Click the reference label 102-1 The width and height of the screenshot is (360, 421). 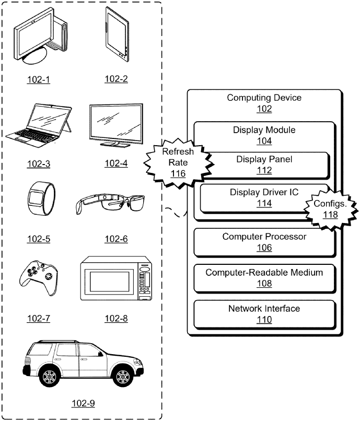(39, 79)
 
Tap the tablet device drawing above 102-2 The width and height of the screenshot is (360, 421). (117, 34)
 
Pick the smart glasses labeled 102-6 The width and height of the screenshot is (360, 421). (115, 204)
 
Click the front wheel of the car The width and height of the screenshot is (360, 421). (122, 376)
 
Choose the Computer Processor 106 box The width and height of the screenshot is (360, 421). (264, 242)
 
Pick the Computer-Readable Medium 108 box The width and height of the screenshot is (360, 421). (264, 278)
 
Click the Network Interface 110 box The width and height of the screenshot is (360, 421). (264, 314)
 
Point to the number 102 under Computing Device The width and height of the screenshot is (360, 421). (264, 109)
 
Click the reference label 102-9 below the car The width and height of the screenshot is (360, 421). (84, 403)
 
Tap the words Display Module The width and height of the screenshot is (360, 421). (264, 130)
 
